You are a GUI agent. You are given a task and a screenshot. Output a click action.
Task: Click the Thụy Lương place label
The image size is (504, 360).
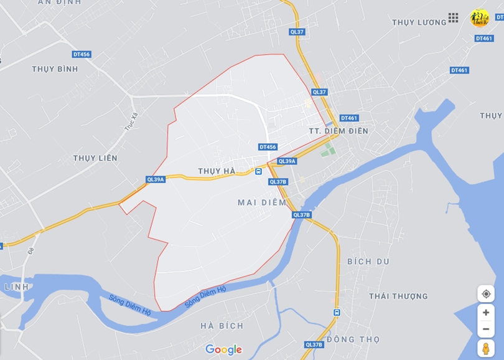[x=419, y=22]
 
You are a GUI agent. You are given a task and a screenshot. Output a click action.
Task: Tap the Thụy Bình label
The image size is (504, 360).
[x=55, y=69]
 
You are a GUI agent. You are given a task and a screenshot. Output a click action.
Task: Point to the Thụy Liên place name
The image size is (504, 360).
[x=95, y=158]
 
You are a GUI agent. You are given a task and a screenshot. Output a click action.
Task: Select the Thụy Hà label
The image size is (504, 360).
[x=217, y=171]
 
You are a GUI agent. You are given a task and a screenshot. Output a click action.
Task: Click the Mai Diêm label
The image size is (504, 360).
[x=262, y=202]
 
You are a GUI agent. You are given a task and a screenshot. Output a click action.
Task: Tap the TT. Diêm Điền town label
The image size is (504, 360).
[x=338, y=131]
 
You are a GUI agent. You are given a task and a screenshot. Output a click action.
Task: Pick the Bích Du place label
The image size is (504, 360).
[x=368, y=262]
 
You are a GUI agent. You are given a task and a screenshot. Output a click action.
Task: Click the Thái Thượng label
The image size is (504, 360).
[x=398, y=296]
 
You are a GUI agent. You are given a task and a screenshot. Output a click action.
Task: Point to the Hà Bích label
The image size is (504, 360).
[x=222, y=326]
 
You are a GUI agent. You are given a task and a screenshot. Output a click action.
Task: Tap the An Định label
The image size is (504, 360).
[x=60, y=2]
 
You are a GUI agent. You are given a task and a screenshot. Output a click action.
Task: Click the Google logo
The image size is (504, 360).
[x=223, y=350]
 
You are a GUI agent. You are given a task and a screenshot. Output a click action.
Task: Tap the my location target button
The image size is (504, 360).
[x=486, y=294]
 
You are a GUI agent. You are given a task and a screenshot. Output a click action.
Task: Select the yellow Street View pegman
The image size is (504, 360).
[x=486, y=348]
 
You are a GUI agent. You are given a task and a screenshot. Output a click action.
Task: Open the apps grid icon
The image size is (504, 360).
[x=453, y=18]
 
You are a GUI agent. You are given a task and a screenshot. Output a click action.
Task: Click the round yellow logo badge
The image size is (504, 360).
[x=480, y=18]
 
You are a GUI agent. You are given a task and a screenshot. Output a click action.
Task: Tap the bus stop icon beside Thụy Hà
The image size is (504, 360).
[x=258, y=171]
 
